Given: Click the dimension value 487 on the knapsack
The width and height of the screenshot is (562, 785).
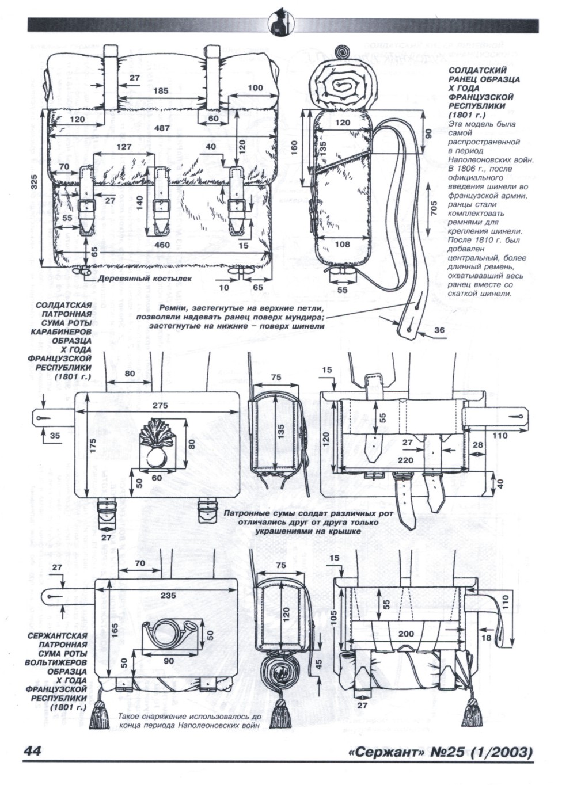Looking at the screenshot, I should [x=162, y=128].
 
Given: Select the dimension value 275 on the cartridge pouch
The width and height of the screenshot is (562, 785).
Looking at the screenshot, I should [x=160, y=405].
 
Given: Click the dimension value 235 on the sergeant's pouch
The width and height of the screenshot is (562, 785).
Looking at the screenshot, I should [x=168, y=596].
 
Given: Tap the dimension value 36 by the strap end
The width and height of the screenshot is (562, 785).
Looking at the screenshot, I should [x=439, y=330].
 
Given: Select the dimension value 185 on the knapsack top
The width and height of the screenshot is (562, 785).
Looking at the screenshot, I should [x=162, y=90].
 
